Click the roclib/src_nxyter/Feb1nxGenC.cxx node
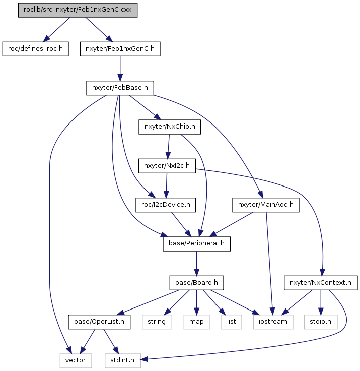tap(78, 10)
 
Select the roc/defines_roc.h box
tap(35, 49)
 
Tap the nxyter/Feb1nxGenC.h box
tap(120, 49)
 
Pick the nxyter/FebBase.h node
tap(120, 88)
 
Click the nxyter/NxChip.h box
tap(170, 127)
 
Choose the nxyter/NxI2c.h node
tap(167, 166)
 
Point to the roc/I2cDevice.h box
tap(166, 205)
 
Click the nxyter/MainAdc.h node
tap(266, 205)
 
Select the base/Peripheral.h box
tap(196, 244)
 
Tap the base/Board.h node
tap(196, 283)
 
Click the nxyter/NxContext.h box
tap(321, 283)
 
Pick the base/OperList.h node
tap(99, 322)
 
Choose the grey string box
tap(157, 322)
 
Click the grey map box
tap(196, 322)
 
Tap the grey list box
tap(232, 322)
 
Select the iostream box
tap(273, 322)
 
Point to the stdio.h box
tap(321, 322)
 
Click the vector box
tap(76, 361)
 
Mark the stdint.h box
tap(123, 361)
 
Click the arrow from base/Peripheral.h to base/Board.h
tap(196, 263)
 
